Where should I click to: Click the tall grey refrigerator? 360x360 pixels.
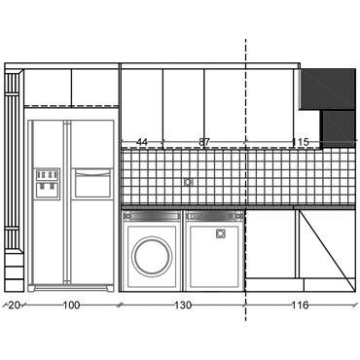pos(70,204)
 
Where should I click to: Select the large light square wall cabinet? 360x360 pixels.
pos(324,90)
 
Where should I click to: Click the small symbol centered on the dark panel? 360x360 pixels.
pos(189,180)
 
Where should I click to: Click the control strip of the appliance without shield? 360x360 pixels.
pos(152,215)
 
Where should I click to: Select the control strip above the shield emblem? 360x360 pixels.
pos(213,215)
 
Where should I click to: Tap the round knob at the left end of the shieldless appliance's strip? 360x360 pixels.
pos(128,215)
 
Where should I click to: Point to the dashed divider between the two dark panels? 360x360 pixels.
pos(244,177)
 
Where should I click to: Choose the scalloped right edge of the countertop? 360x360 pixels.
pos(351,177)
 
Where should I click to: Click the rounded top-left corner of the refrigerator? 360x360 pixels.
pos(30,118)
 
